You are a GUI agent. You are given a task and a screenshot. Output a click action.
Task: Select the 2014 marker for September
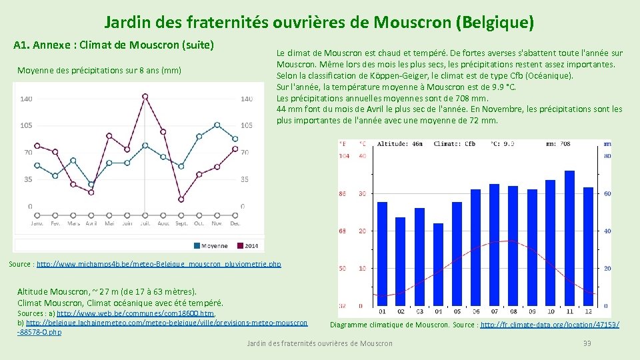[181, 199]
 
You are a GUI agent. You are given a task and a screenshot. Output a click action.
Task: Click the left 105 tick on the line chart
[26, 125]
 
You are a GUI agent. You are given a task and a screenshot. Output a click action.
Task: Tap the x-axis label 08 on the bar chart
[513, 311]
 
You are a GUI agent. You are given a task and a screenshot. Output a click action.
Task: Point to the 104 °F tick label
[344, 155]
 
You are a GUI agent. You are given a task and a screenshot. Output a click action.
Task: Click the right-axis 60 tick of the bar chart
[607, 193]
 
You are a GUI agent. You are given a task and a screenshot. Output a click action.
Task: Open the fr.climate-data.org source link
[549, 325]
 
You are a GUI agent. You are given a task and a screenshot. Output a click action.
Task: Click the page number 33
[587, 343]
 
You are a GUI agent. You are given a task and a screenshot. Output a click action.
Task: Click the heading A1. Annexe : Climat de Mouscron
[113, 45]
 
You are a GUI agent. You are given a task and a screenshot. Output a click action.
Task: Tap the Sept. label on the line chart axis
[181, 223]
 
